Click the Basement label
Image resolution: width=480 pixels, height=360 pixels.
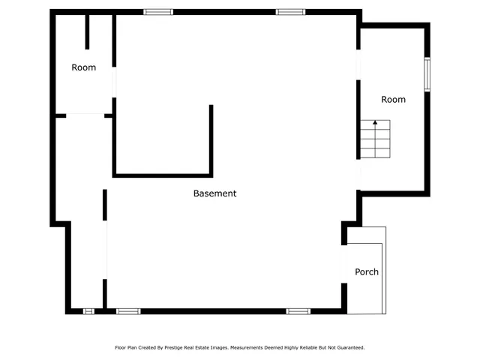tap(214, 193)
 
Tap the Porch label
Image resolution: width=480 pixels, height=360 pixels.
tap(367, 271)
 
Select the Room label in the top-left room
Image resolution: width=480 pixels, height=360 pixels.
tap(84, 67)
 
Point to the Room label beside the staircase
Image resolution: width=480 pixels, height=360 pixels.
tap(393, 100)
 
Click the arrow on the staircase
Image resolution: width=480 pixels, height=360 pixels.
tap(375, 124)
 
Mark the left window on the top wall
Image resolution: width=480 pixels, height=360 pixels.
tap(158, 12)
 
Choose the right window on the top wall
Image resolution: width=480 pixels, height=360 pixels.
tap(289, 12)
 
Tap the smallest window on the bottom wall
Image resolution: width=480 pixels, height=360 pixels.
tap(88, 310)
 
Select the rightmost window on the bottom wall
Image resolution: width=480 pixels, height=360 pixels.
tap(298, 310)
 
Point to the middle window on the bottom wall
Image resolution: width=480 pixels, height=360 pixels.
tap(128, 310)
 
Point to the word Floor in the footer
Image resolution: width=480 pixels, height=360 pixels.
tap(120, 348)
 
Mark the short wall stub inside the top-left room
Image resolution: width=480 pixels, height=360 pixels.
tap(88, 31)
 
